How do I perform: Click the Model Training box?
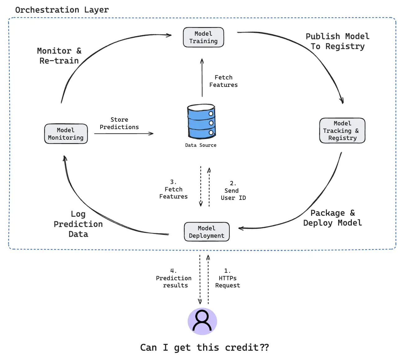coord(203,38)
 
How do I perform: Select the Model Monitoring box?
coord(66,134)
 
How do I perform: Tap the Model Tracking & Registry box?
coord(342,131)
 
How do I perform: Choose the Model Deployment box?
coord(206,232)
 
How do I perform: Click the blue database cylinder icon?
coord(201,122)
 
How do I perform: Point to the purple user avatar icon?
coord(202,321)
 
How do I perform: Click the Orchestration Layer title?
coord(62,10)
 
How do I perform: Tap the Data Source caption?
coord(201,145)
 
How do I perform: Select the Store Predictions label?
coord(119,124)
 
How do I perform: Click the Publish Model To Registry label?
coord(337,41)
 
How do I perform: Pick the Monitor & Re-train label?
coord(59,56)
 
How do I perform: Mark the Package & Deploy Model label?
coord(333,218)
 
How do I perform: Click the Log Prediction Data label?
coord(78,224)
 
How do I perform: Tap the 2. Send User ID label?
coord(233,191)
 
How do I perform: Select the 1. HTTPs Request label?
coord(228,278)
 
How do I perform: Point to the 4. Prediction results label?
coord(174,278)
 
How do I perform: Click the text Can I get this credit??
coord(205,347)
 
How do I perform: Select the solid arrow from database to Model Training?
coord(202,78)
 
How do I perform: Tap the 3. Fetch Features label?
coord(174,189)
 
